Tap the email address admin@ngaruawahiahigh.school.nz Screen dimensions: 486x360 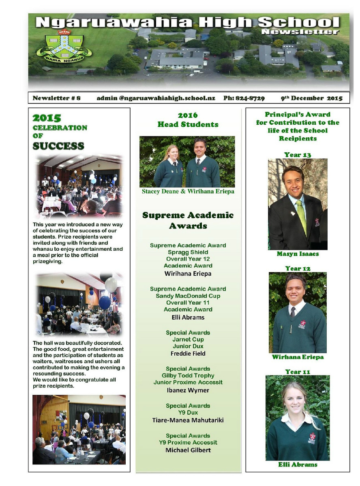(x=156, y=98)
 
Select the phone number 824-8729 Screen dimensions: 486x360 (x=244, y=98)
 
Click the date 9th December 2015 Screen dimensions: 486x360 (x=311, y=98)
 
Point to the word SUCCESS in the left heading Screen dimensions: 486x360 (x=58, y=146)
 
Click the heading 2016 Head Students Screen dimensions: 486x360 (x=188, y=120)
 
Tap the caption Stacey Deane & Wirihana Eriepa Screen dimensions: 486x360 (x=188, y=192)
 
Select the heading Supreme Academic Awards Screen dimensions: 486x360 (x=188, y=220)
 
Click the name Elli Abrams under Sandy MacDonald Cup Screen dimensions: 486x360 (x=188, y=317)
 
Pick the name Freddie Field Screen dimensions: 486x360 (x=188, y=354)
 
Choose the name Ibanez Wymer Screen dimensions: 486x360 (x=188, y=390)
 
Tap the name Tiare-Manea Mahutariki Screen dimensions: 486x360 (x=188, y=420)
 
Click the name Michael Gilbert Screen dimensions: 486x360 (x=188, y=450)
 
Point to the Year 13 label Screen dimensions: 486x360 (x=298, y=155)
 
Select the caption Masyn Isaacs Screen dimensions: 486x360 (x=298, y=254)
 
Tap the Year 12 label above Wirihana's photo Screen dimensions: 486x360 (x=298, y=269)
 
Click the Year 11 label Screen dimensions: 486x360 (x=298, y=372)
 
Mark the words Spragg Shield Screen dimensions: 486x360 (x=188, y=252)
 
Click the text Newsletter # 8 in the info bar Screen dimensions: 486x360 (x=57, y=98)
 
